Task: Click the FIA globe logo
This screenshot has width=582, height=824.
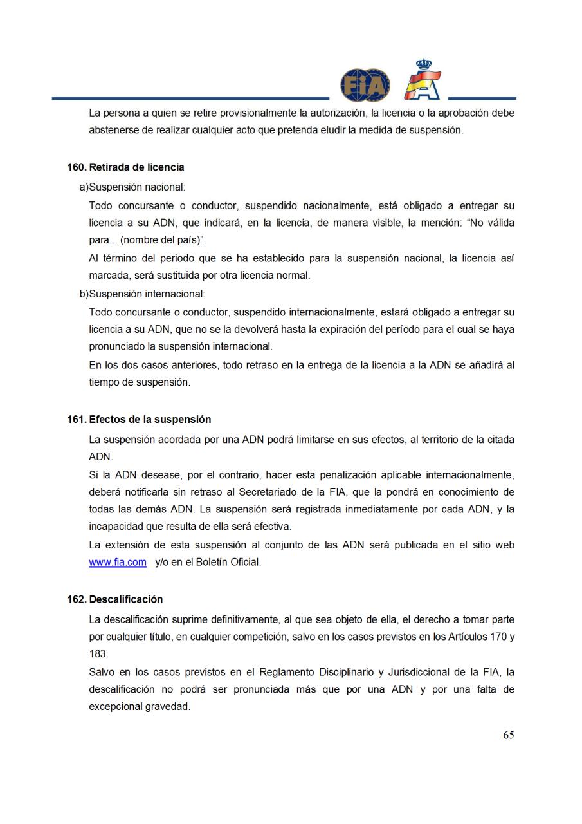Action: point(365,85)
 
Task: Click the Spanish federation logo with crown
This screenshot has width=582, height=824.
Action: point(423,80)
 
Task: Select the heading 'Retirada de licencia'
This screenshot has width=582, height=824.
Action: point(136,167)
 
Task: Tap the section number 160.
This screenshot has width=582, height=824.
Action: point(76,167)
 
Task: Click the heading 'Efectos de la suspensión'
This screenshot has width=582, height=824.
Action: point(150,420)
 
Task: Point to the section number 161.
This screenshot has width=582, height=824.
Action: point(76,420)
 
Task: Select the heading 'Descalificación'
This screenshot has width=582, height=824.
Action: point(125,599)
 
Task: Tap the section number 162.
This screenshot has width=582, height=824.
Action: point(76,599)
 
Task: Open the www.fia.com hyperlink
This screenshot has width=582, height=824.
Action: point(118,562)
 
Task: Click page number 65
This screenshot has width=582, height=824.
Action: point(508,735)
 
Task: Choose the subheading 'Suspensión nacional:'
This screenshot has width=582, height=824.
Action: point(137,187)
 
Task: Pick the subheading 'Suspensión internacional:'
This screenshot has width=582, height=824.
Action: point(147,294)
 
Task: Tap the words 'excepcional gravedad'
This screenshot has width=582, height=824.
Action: point(140,707)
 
